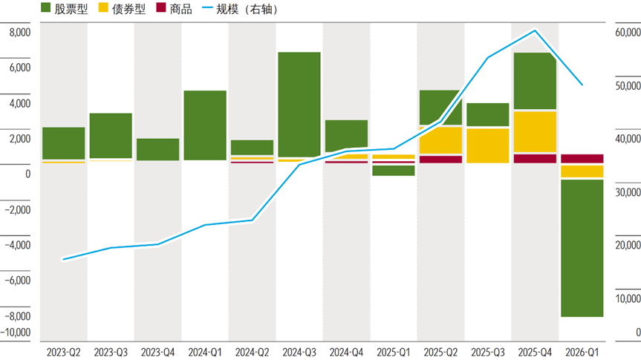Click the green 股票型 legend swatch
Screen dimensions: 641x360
[x=45, y=7]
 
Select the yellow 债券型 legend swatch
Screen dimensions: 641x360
[x=103, y=7]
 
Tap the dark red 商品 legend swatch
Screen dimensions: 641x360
[x=161, y=7]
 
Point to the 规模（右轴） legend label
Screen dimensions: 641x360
[x=247, y=9]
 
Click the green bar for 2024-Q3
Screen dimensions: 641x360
[x=299, y=104]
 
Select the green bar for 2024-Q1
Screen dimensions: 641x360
[x=205, y=125]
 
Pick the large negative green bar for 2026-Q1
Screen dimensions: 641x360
[x=582, y=248]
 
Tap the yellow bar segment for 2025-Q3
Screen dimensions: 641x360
[x=488, y=145]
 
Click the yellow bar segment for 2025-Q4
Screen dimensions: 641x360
[x=535, y=131]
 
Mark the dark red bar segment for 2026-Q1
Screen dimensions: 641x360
[x=582, y=159]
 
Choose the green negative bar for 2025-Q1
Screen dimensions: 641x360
[x=393, y=171]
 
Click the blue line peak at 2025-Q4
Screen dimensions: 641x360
[x=535, y=30]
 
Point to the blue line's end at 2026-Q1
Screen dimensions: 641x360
[x=582, y=85]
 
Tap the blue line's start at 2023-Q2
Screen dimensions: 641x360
[x=63, y=259]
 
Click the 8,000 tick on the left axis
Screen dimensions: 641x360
[x=20, y=32]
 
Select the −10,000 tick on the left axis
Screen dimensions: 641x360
[x=16, y=333]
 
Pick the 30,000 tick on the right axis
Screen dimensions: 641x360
[x=628, y=192]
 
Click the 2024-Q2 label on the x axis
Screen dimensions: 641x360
[x=252, y=353]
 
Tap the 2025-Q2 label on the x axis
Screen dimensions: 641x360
[x=440, y=353]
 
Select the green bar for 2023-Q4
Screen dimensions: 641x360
[x=157, y=149]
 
